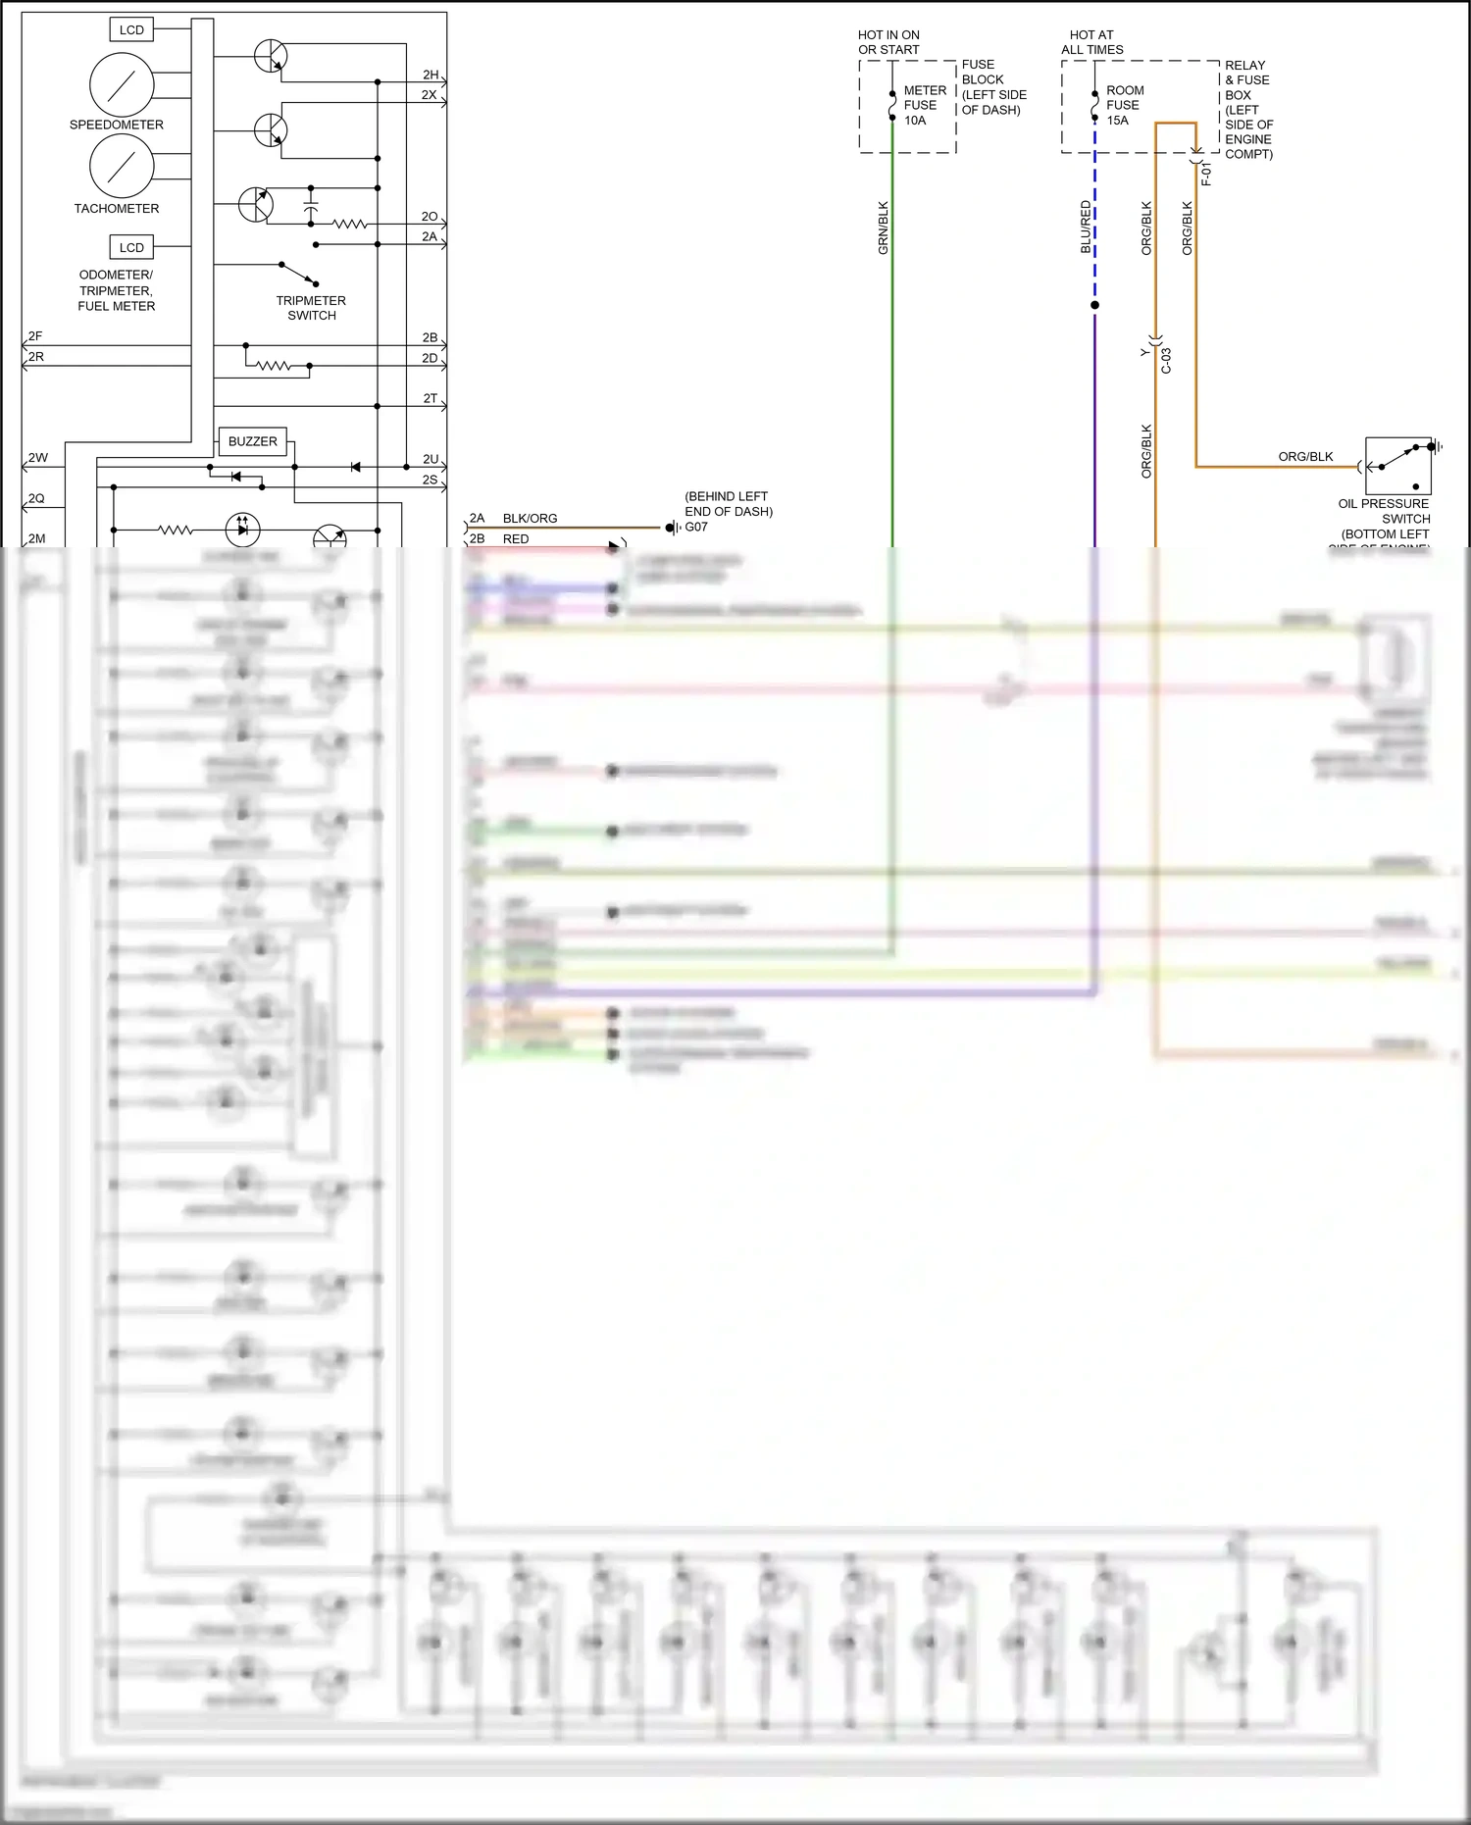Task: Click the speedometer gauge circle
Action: [122, 85]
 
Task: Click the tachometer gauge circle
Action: [122, 166]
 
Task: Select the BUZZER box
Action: [252, 441]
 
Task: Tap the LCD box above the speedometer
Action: [131, 30]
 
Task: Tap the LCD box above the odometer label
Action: [131, 247]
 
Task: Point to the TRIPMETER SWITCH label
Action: [311, 308]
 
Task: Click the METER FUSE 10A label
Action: [923, 105]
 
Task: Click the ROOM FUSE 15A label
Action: [1124, 105]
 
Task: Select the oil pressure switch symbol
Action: [1397, 466]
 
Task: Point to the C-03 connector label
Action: [1166, 361]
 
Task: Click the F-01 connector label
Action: [1206, 175]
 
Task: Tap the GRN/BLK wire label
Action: [883, 228]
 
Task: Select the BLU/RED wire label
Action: [1085, 228]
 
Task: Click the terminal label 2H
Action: [431, 75]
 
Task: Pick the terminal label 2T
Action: [431, 398]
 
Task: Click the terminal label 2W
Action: [38, 458]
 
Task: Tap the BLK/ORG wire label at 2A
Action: [530, 518]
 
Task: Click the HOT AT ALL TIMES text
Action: [1091, 42]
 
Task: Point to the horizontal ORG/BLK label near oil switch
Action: [1305, 457]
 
